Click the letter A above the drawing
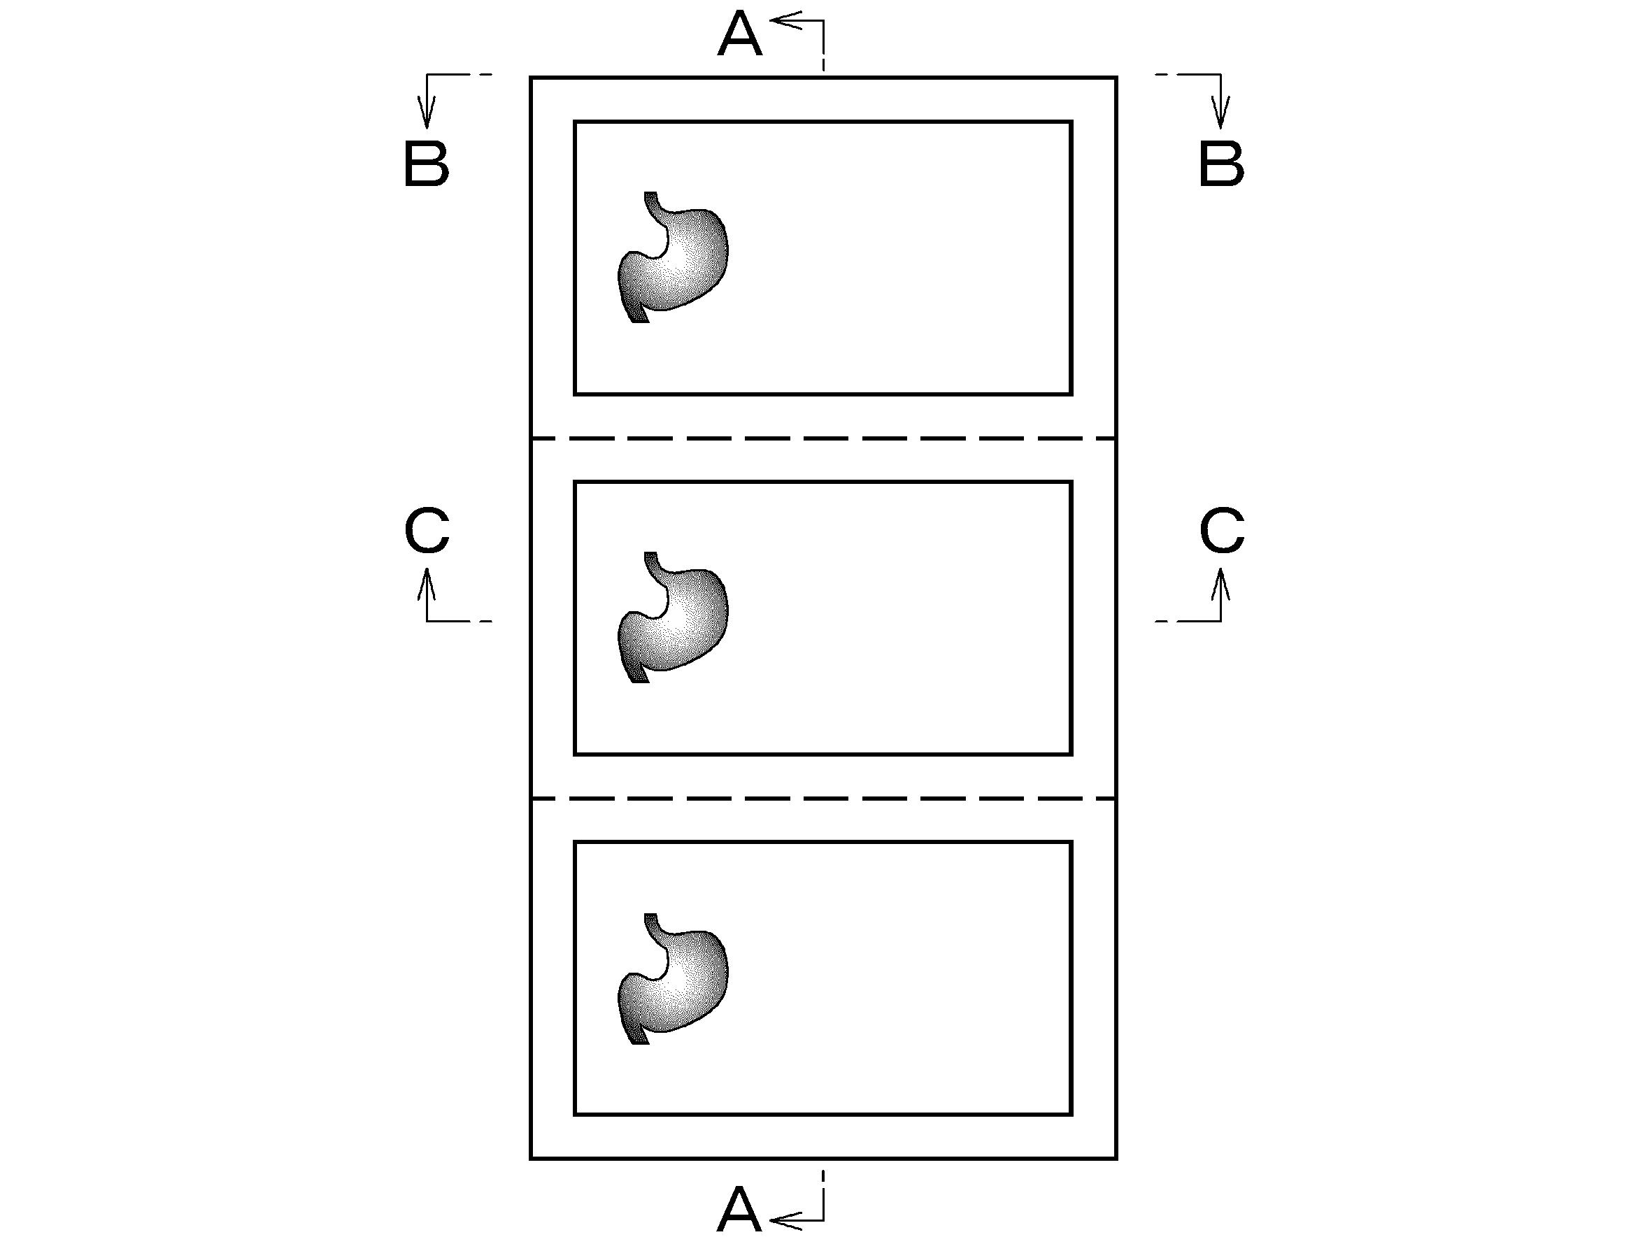(x=739, y=34)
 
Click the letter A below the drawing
(x=739, y=1210)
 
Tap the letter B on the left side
(x=427, y=164)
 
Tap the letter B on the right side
(x=1221, y=164)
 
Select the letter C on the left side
(x=427, y=531)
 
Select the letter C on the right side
(x=1222, y=531)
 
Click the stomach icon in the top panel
(x=673, y=257)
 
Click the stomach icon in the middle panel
(x=673, y=617)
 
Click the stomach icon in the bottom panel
(x=673, y=978)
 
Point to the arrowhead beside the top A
(x=784, y=21)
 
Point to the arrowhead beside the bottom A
(x=784, y=1221)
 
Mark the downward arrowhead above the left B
(x=427, y=112)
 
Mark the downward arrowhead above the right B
(x=1221, y=112)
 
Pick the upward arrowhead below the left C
(x=427, y=584)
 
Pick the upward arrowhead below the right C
(x=1221, y=584)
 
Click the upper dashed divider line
(x=823, y=438)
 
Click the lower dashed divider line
(x=823, y=799)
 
